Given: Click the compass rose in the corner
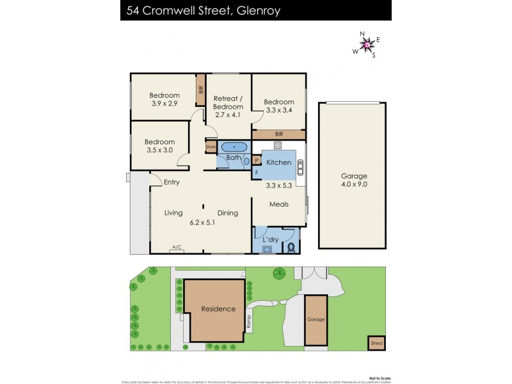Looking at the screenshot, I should [x=367, y=45].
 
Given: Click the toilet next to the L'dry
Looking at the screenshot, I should [x=292, y=246].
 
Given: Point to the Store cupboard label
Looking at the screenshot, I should [x=210, y=147].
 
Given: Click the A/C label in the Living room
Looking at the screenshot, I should [x=176, y=246].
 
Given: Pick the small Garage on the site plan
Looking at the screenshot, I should [x=316, y=319].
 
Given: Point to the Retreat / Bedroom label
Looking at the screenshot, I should [x=228, y=102].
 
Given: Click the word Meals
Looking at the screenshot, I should [x=278, y=204].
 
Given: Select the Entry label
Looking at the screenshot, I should [x=171, y=182].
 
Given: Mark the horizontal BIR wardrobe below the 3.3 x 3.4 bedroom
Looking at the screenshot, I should [x=278, y=134].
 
